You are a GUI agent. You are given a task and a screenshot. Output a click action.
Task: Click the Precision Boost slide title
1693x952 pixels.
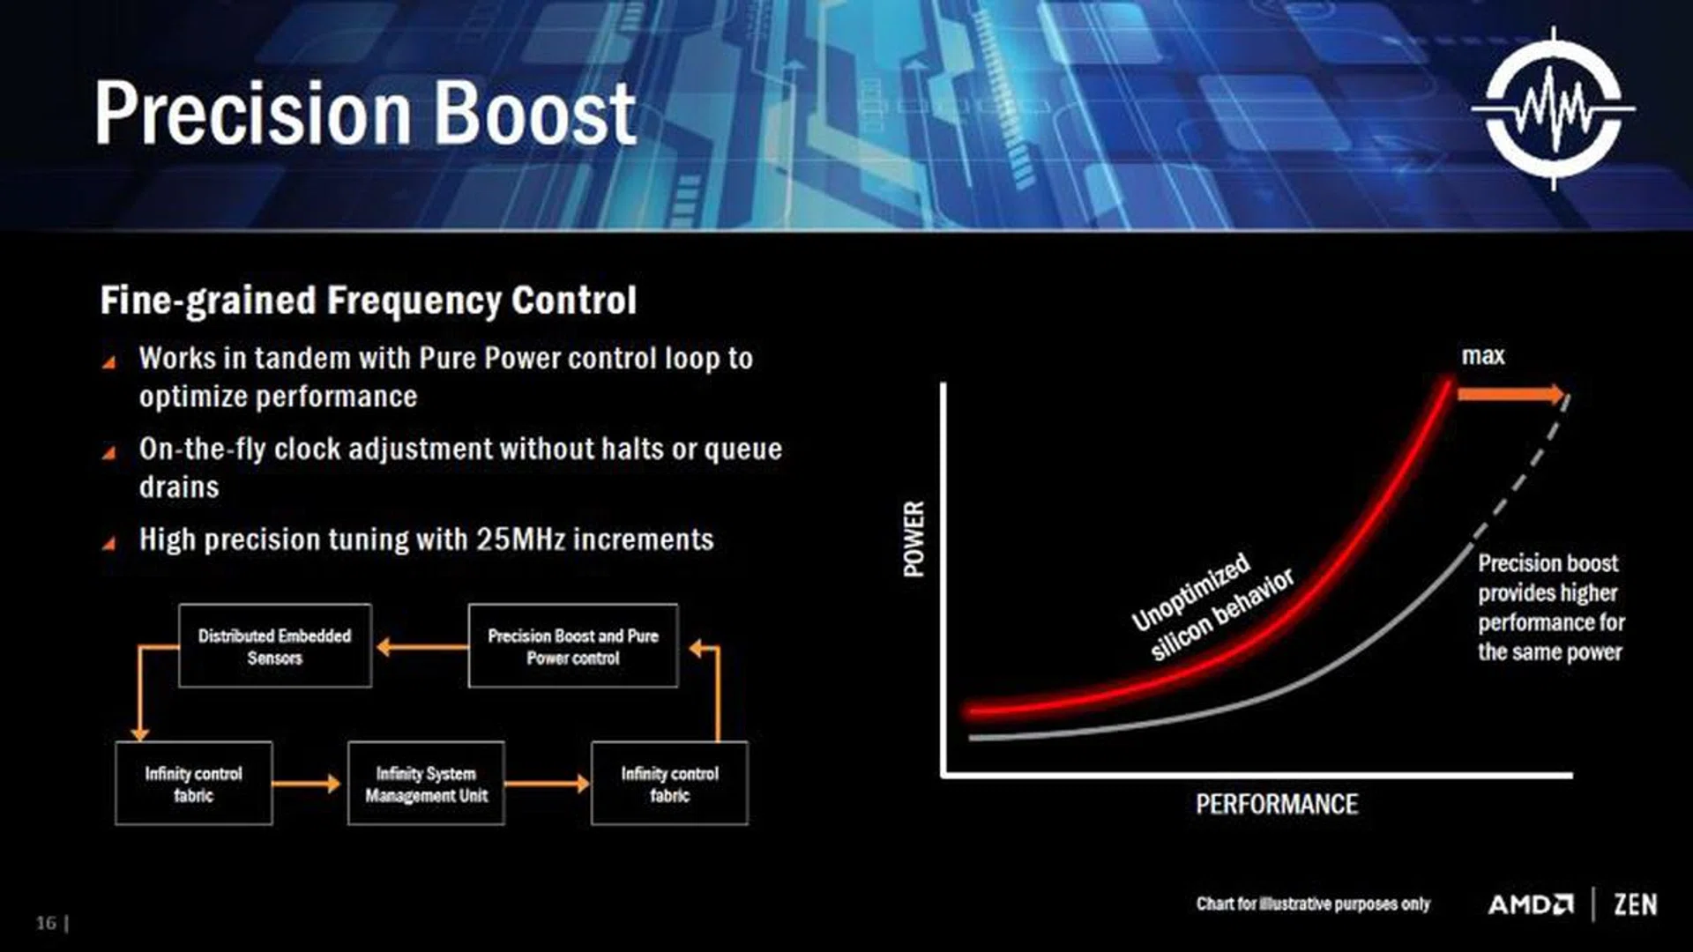[x=365, y=113]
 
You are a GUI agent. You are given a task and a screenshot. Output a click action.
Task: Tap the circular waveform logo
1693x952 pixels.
[x=1554, y=109]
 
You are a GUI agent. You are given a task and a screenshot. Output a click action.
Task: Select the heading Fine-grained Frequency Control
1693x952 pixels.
[x=368, y=301]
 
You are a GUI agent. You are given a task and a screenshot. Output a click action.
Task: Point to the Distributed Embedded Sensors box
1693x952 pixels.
[x=275, y=646]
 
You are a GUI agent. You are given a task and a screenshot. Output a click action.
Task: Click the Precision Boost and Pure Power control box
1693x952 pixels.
[x=573, y=646]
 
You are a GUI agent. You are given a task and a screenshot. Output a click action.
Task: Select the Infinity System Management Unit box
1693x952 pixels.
[x=426, y=784]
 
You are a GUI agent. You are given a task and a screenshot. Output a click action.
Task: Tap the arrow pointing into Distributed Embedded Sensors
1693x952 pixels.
[x=421, y=648]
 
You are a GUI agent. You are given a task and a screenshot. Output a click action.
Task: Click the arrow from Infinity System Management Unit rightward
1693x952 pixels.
[x=547, y=783]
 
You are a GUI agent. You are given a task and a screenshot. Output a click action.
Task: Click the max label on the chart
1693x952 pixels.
[x=1483, y=356]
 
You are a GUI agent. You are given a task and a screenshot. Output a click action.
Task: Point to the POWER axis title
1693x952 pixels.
[x=914, y=539]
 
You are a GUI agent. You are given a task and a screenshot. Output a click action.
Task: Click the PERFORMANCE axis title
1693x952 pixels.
[x=1277, y=804]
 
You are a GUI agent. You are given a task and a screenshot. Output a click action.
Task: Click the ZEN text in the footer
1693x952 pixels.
[x=1636, y=904]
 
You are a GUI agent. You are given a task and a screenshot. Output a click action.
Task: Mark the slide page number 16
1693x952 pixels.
[x=46, y=923]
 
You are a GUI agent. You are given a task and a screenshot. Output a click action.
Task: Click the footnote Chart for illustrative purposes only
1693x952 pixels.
[x=1313, y=904]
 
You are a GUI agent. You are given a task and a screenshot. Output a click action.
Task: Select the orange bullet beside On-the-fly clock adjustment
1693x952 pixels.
[x=109, y=453]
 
